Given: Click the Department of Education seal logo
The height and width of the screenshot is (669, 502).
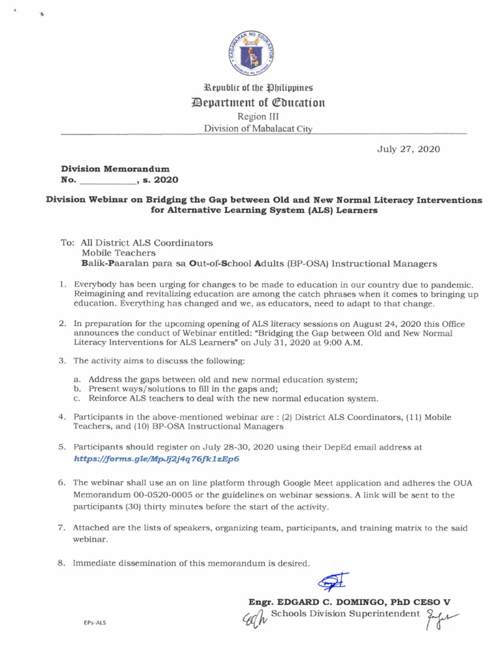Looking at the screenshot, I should point(252,53).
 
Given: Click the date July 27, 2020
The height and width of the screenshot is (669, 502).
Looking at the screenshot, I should point(409,149).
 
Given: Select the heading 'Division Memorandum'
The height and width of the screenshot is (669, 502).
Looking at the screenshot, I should point(115,169).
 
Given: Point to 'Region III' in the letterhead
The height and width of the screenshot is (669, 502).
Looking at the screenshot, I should point(252,116).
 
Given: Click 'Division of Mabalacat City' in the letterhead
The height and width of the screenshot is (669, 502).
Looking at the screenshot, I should point(258,129).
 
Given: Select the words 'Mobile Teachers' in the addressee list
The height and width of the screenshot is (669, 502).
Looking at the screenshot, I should point(118,253).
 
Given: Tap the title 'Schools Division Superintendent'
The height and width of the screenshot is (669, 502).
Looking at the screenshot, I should point(344,613).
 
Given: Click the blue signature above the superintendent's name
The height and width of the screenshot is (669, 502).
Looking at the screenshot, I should point(333,581).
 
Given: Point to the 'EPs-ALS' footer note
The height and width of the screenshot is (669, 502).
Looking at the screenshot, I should point(94,623).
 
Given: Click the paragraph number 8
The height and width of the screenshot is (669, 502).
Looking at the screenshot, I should point(61,563).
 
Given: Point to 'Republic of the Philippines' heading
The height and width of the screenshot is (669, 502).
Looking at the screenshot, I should point(252,87).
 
